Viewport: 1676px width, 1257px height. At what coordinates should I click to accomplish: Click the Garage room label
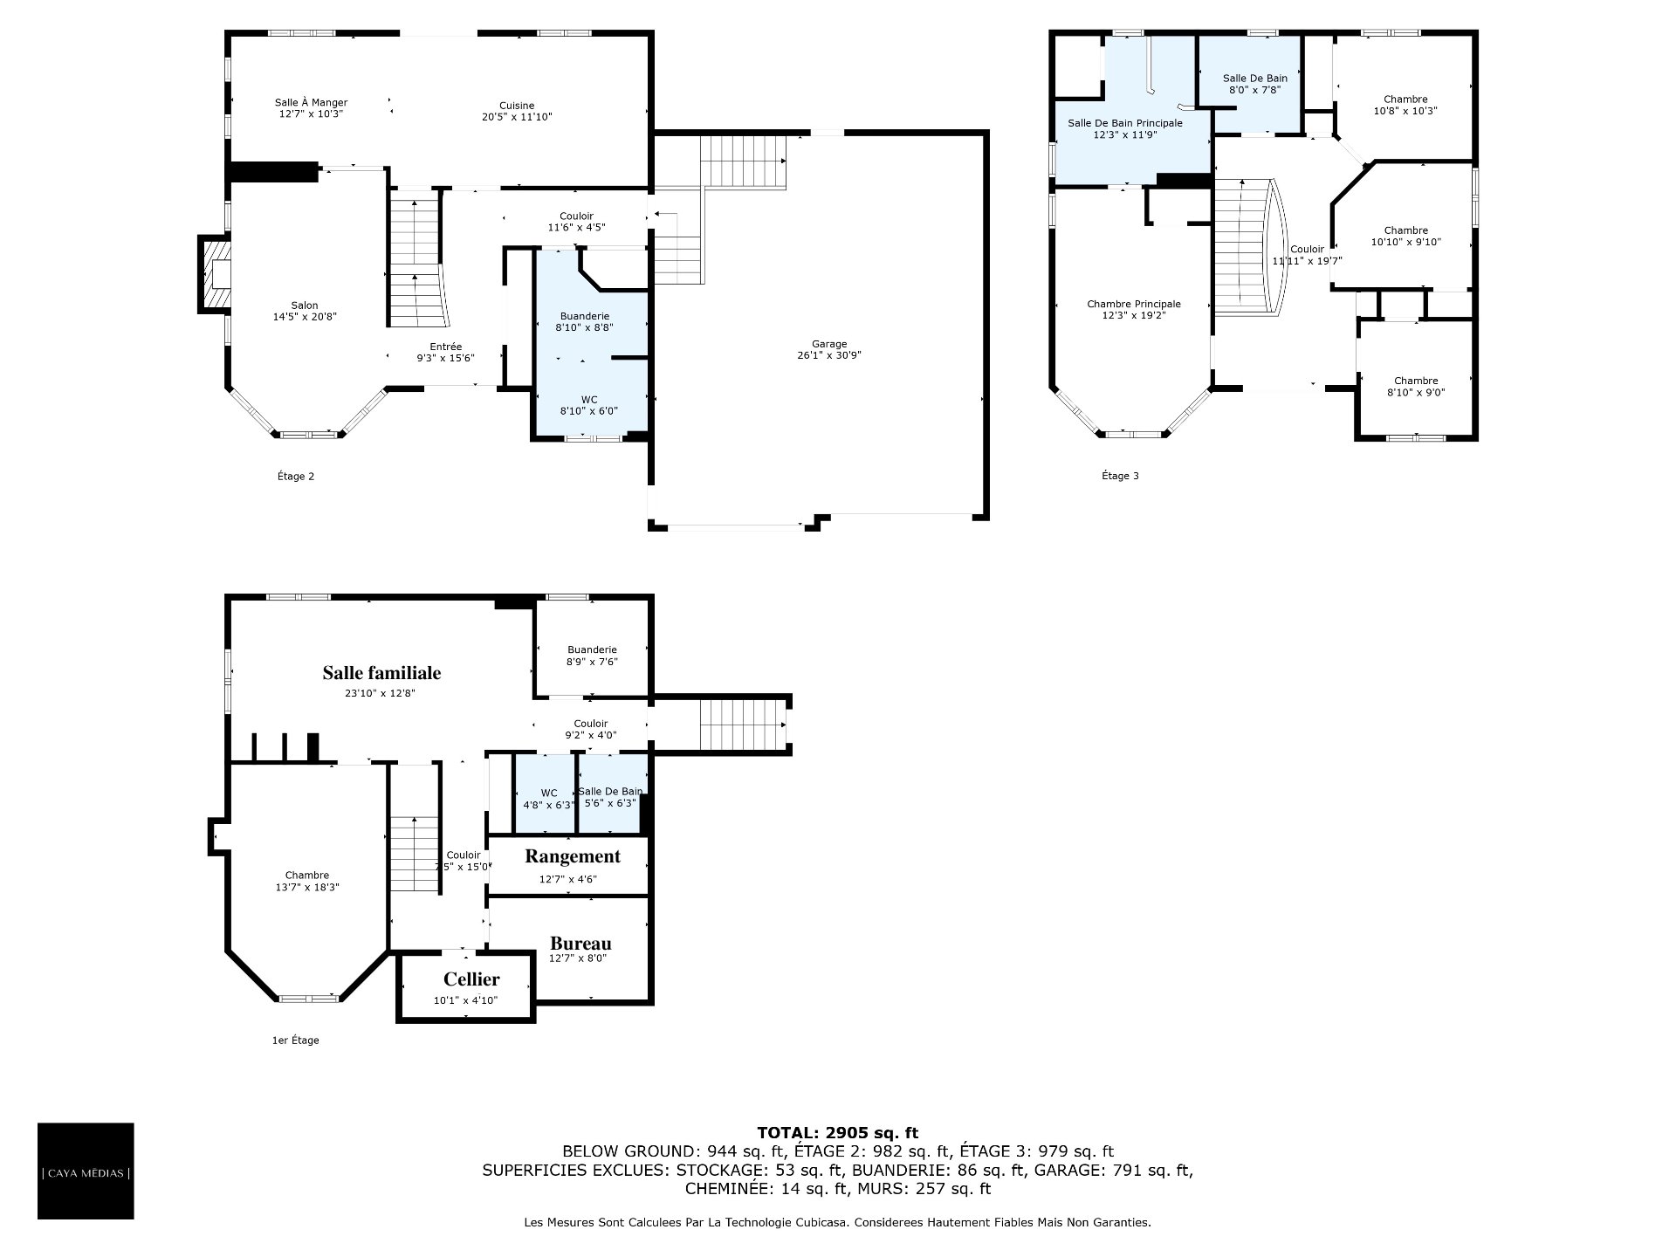click(x=828, y=344)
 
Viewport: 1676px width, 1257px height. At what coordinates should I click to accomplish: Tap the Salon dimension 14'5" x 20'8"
click(x=305, y=317)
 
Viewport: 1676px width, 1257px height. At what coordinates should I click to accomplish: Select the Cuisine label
click(x=517, y=106)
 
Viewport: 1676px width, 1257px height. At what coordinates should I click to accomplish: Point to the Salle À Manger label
click(x=312, y=102)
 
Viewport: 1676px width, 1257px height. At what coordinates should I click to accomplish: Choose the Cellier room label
click(x=471, y=979)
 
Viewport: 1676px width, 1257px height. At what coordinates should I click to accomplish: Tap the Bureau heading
click(x=580, y=943)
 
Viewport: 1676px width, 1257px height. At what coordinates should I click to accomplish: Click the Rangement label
click(x=573, y=856)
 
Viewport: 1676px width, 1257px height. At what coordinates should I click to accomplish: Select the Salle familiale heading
click(x=381, y=672)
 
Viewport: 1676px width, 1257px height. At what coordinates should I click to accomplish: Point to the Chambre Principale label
click(x=1134, y=304)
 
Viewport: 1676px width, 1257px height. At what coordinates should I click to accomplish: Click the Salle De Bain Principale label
click(x=1125, y=123)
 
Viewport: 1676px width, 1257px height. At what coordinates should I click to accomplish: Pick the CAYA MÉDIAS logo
click(x=86, y=1171)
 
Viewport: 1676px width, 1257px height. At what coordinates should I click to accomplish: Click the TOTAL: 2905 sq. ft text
click(x=837, y=1133)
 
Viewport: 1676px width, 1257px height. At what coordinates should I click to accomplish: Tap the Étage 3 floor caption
click(x=1120, y=476)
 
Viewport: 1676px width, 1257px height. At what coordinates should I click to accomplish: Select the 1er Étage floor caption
click(x=296, y=1040)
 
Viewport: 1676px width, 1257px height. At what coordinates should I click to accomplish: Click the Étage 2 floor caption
click(x=296, y=476)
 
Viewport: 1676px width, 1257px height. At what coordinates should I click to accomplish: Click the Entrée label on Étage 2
click(x=445, y=347)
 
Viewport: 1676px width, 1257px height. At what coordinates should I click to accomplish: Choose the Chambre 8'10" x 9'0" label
click(x=1416, y=387)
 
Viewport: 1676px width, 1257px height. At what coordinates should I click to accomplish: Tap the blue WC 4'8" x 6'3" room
click(x=545, y=793)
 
